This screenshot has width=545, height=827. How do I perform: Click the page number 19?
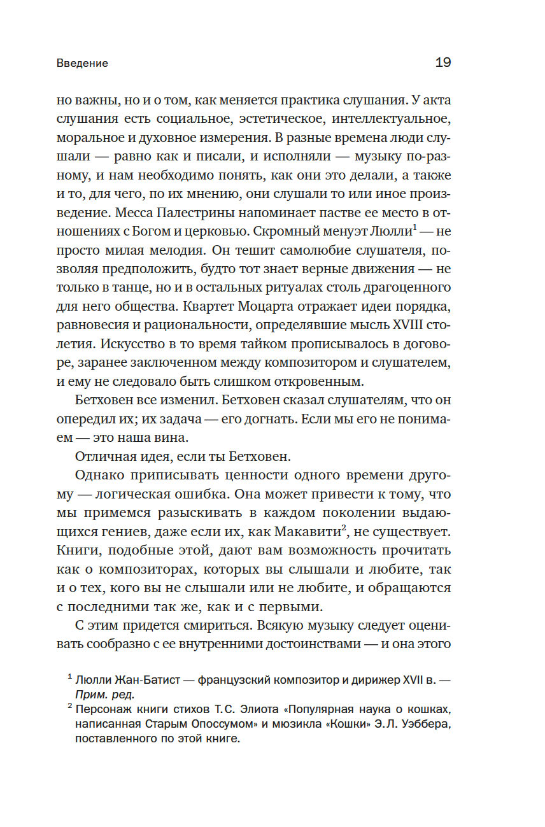click(x=443, y=62)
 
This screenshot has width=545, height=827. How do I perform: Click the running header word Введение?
click(x=82, y=64)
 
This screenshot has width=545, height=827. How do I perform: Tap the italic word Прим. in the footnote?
click(x=92, y=694)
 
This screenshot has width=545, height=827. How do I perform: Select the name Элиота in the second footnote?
click(x=241, y=709)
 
